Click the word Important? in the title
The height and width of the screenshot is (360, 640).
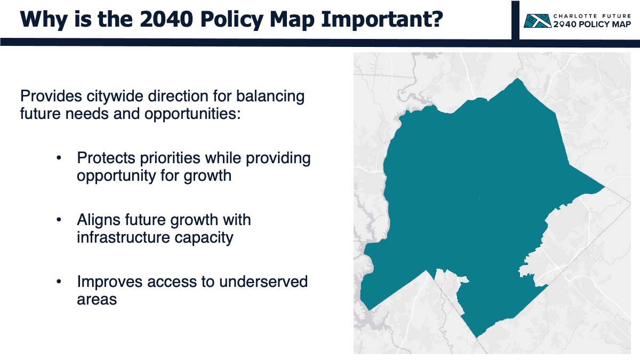[382, 19]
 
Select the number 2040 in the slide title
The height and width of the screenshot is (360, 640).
[166, 19]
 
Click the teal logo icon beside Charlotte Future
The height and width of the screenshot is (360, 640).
[538, 21]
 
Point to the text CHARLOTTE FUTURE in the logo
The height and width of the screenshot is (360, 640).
[592, 17]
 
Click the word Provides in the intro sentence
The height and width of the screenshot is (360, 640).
[51, 96]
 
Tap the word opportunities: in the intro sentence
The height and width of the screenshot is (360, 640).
[193, 114]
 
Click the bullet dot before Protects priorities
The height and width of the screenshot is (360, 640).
[59, 158]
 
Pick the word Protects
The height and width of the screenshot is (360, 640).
[106, 158]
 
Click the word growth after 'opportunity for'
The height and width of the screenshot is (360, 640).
[207, 176]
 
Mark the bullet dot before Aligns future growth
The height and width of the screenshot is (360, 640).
[59, 220]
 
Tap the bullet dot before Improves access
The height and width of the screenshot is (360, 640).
[59, 282]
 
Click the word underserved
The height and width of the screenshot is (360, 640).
[263, 282]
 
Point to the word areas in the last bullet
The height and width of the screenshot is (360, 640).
[97, 300]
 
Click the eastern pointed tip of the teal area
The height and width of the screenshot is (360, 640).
[604, 187]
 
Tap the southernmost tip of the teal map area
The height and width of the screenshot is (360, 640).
[477, 338]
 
